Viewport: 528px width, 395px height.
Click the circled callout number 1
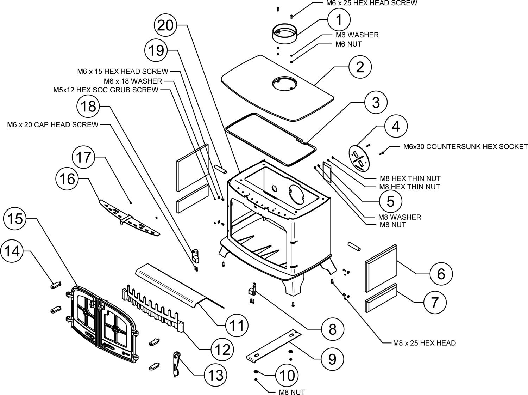(x=339, y=19)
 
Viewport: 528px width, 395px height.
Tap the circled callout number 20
(x=165, y=25)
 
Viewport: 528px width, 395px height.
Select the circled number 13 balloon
(x=215, y=375)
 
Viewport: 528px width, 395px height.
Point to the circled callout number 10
(x=287, y=376)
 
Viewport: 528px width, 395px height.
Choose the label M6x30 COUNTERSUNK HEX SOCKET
(x=465, y=146)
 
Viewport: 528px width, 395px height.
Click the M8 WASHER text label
(x=400, y=217)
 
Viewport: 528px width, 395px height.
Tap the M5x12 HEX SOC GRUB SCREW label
(x=106, y=90)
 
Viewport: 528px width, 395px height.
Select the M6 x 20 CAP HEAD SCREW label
(x=53, y=125)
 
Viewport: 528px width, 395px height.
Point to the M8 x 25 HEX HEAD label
(x=424, y=343)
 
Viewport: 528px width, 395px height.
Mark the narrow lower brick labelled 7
(x=381, y=298)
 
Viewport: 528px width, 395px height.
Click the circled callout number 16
(x=67, y=179)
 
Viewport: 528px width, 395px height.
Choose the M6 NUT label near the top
(x=348, y=44)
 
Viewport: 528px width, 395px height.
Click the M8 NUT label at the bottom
(x=292, y=392)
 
